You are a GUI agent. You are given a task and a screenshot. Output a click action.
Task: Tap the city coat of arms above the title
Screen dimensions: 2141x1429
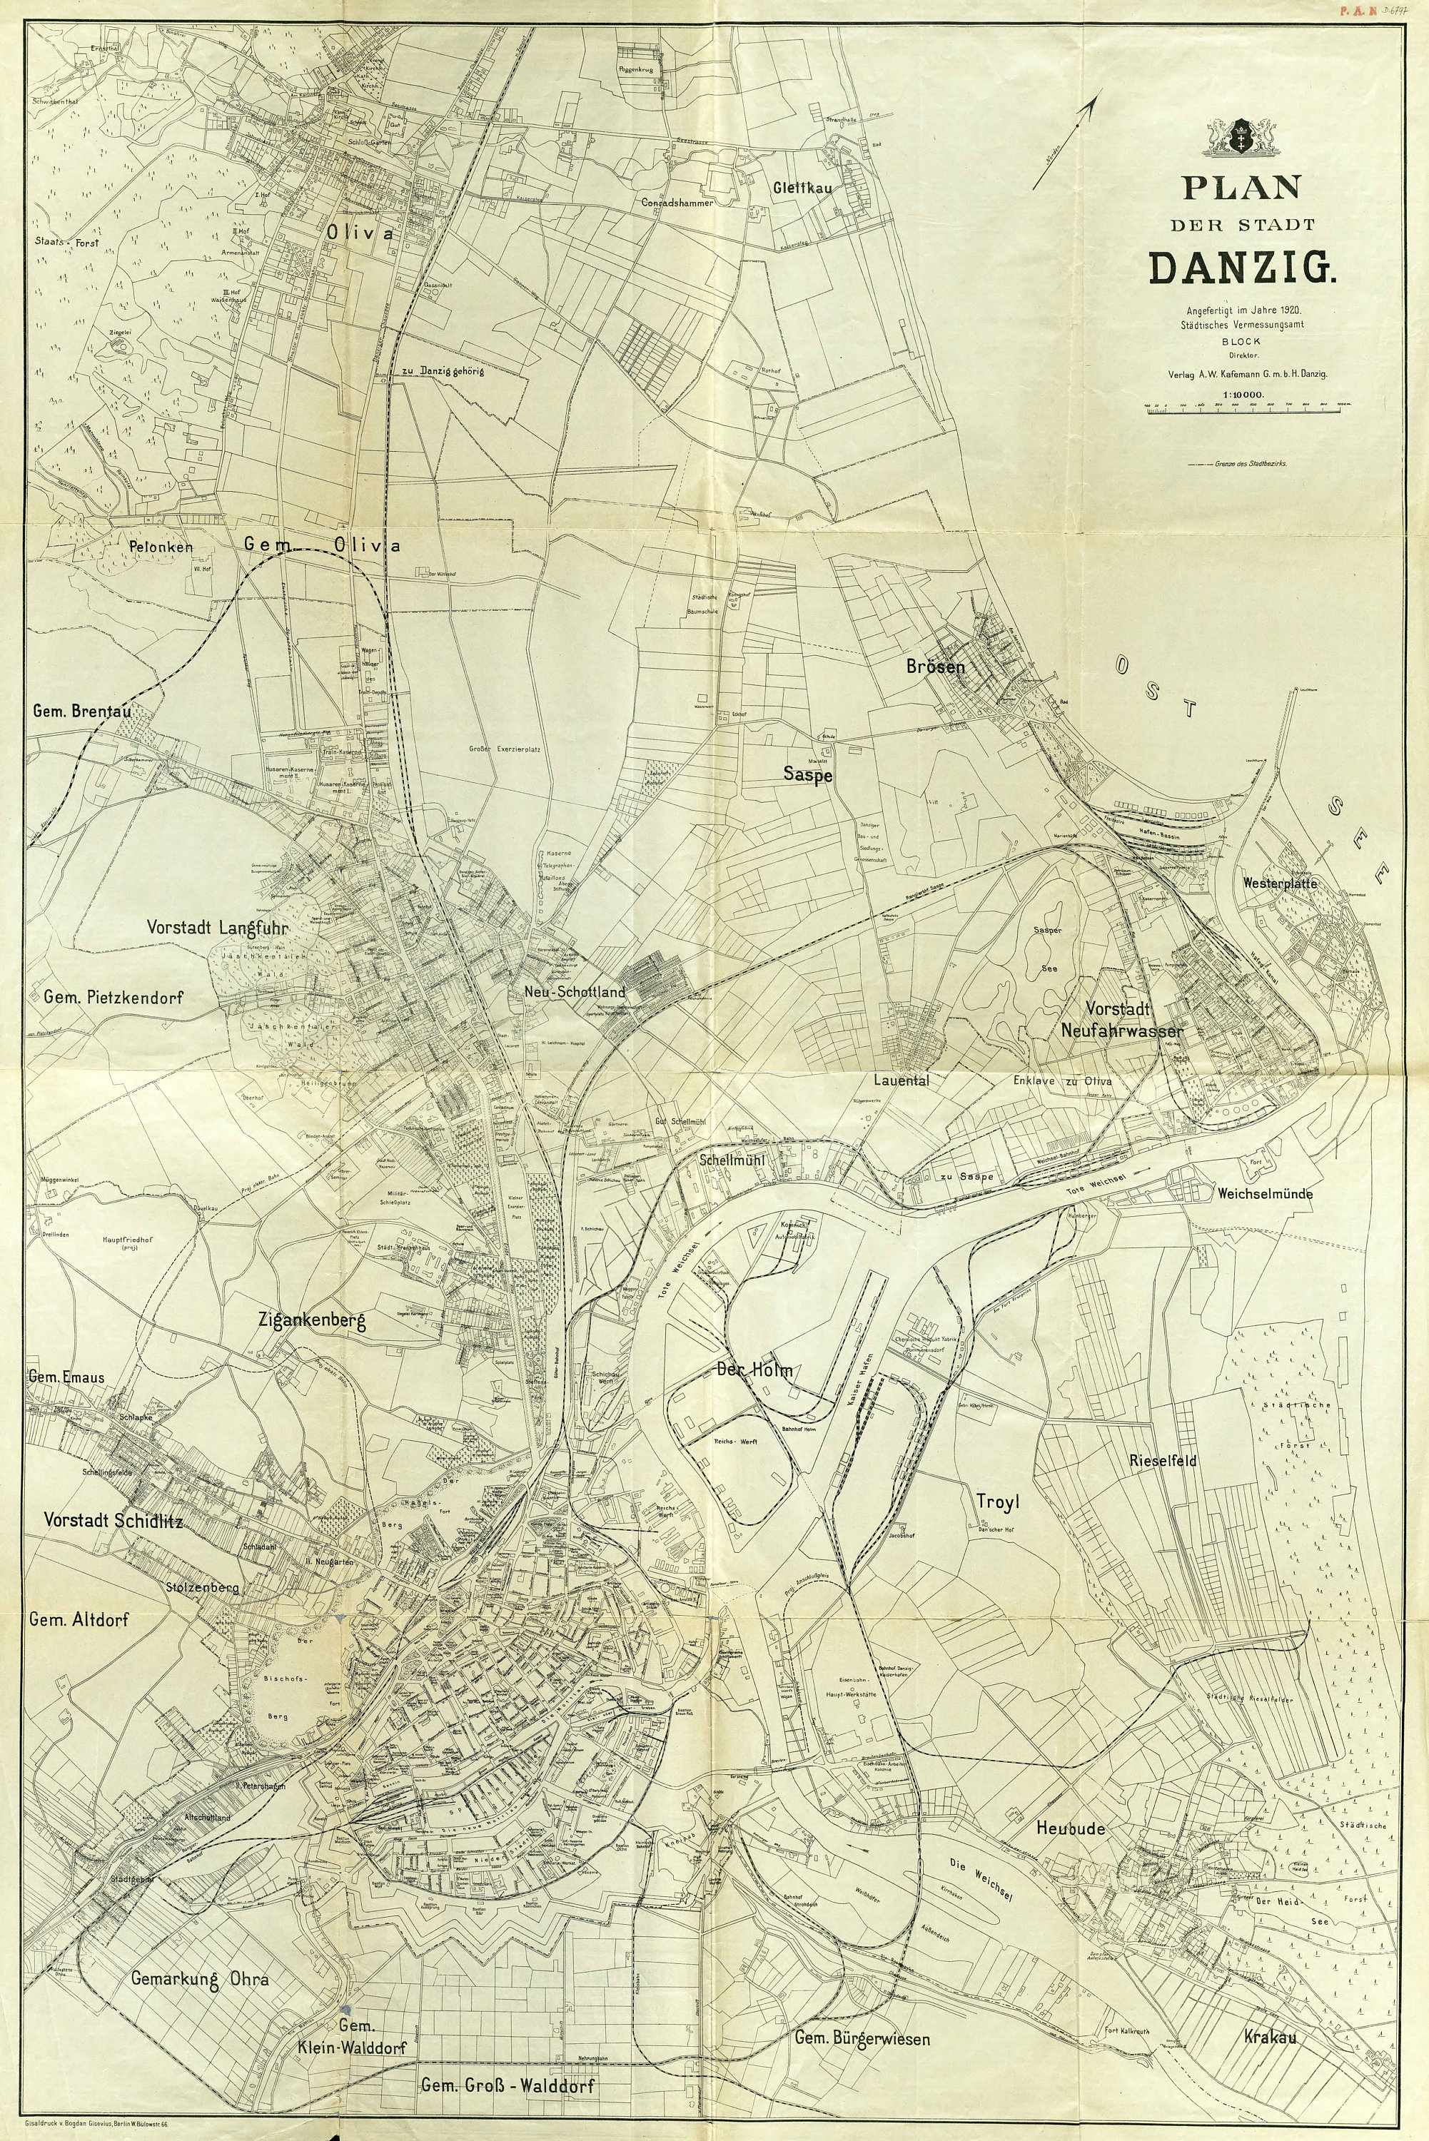1241,138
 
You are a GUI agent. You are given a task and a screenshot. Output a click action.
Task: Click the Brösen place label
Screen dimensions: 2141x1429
935,666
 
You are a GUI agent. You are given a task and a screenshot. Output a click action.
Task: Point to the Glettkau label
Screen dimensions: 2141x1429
798,187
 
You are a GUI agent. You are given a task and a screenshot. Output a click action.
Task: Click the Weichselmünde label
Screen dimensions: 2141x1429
1264,1193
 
